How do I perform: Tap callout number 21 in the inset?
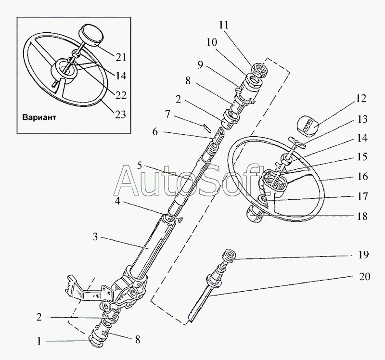[120, 57]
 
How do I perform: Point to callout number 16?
[362, 177]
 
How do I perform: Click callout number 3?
[95, 237]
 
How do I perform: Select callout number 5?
[140, 166]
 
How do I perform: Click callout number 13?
[362, 119]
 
